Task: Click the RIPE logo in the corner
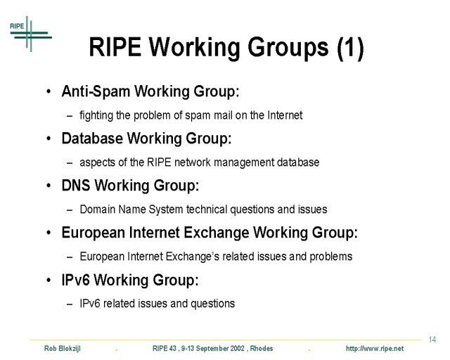tap(30, 34)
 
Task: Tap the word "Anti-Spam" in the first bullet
tap(96, 91)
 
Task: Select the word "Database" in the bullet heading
tap(92, 138)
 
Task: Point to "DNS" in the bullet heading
tap(76, 185)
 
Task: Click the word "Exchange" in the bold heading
tap(216, 232)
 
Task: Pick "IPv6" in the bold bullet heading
tap(76, 280)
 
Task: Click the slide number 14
tap(432, 340)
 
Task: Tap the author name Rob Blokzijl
tap(63, 349)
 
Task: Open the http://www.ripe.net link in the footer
tap(375, 349)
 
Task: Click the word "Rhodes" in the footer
tap(262, 349)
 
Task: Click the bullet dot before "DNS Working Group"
tap(49, 186)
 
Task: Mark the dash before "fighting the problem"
tap(70, 116)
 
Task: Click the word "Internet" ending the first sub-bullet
tap(285, 115)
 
